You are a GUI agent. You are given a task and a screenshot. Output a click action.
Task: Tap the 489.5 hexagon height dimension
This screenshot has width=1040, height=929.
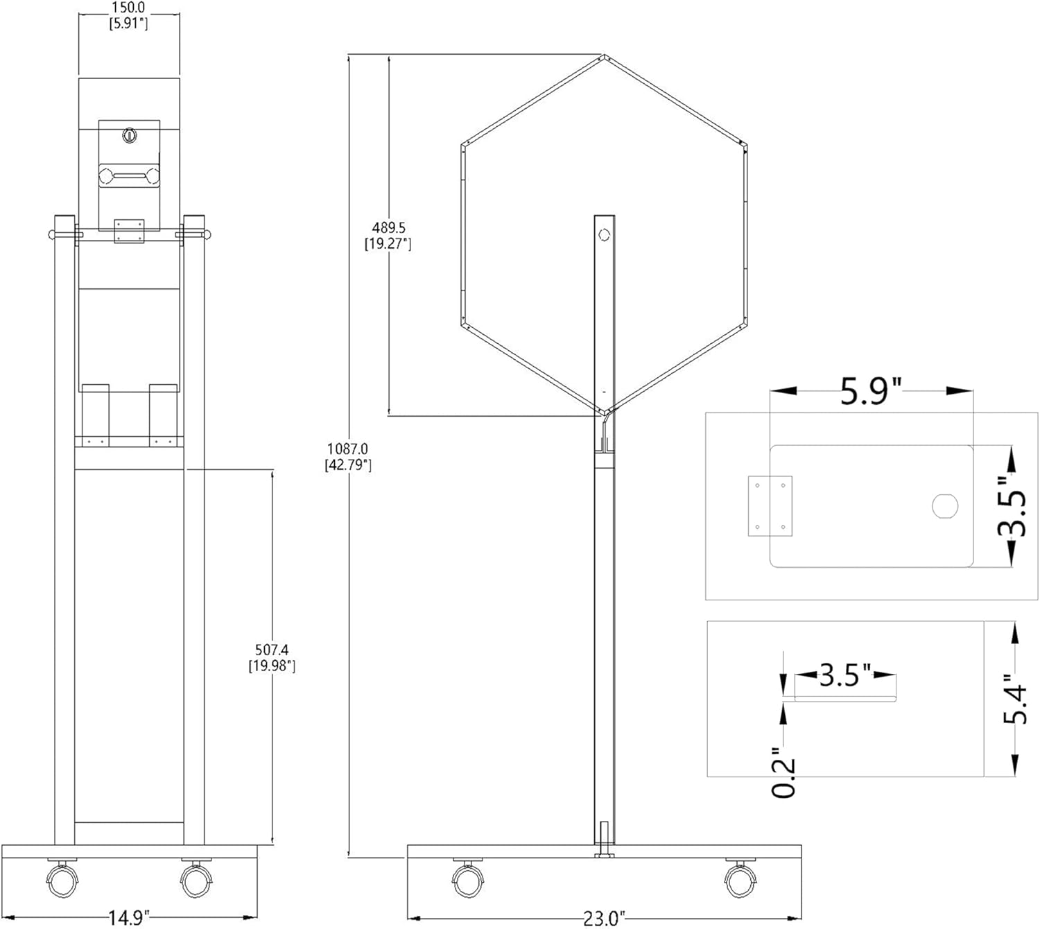tap(388, 235)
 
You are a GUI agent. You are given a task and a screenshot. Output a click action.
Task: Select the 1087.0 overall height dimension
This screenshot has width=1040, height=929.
tap(348, 457)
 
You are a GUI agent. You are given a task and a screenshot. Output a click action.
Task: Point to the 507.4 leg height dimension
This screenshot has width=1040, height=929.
tap(272, 657)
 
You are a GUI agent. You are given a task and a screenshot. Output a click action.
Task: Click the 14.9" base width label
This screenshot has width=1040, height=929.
tap(129, 918)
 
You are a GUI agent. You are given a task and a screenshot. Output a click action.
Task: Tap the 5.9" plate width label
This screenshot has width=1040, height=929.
tap(871, 392)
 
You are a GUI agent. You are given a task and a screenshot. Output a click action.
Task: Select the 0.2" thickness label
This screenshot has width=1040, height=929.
tap(784, 772)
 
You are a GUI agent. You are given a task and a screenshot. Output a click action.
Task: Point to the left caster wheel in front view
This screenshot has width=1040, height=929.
tap(62, 878)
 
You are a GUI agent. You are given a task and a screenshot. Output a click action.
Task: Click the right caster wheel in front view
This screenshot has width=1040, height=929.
tap(195, 878)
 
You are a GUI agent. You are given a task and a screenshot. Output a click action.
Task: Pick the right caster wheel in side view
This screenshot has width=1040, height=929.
tap(740, 879)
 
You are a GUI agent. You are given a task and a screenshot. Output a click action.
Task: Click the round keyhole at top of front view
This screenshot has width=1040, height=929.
tap(129, 135)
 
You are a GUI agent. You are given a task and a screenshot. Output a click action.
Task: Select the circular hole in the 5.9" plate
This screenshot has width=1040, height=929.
tap(944, 506)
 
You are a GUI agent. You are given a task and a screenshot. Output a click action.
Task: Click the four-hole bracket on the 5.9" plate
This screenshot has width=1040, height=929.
tap(770, 506)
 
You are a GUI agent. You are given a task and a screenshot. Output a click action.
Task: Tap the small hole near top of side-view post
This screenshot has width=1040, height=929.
tap(603, 235)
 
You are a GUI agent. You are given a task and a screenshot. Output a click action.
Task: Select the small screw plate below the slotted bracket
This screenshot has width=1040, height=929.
tap(129, 232)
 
